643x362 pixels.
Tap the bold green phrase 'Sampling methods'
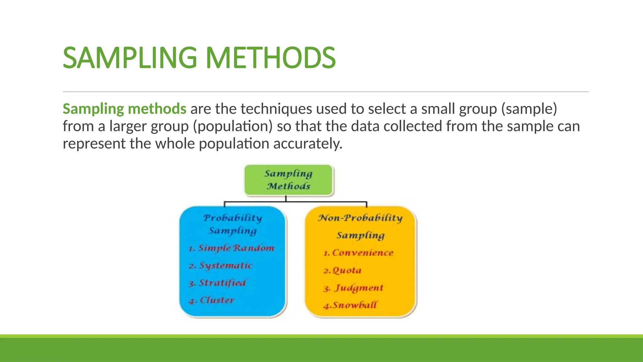coord(124,109)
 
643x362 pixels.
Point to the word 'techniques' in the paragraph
coord(276,109)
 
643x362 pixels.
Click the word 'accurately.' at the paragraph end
coord(308,144)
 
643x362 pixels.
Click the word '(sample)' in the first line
coord(529,109)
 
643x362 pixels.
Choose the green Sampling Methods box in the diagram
coord(289,180)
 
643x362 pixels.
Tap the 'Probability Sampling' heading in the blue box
coord(233,224)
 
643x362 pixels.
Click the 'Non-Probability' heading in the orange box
coord(360,218)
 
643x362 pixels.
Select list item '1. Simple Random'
coord(231,248)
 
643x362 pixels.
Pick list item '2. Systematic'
coord(221,266)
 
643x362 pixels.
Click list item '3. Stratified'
coord(217,283)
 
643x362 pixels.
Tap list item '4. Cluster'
coord(212,300)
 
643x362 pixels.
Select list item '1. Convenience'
coord(359,253)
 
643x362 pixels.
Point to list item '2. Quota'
coord(343,270)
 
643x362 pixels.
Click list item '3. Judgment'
coord(354,288)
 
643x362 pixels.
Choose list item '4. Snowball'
coord(350,305)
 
